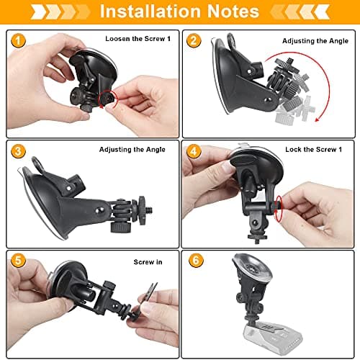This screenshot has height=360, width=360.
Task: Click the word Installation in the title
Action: [153, 12]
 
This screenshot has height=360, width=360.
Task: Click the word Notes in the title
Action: [230, 12]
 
